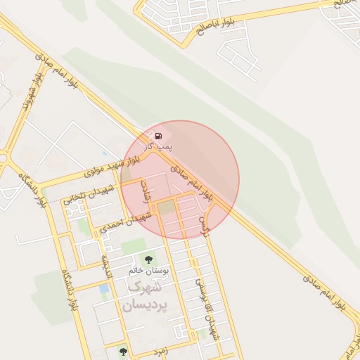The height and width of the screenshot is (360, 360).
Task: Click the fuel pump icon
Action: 159,135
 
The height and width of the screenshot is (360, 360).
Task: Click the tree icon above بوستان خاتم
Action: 148,260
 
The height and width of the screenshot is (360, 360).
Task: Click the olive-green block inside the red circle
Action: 166,208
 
